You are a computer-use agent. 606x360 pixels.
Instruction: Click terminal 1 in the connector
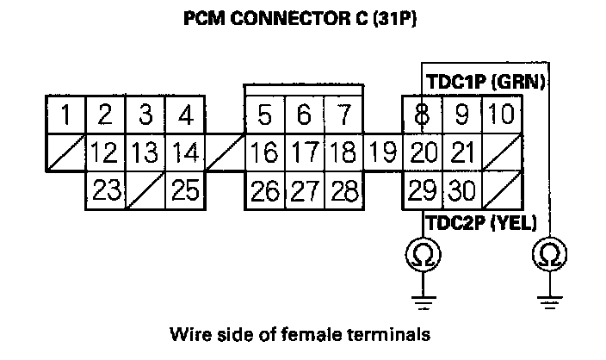[x=65, y=115]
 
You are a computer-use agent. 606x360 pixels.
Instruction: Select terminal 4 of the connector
[x=183, y=115]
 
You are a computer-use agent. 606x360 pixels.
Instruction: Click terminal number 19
[x=382, y=153]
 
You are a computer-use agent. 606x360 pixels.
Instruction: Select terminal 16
[x=264, y=153]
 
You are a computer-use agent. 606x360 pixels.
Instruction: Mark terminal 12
[x=105, y=153]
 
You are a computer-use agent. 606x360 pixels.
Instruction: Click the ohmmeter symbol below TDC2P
[x=423, y=254]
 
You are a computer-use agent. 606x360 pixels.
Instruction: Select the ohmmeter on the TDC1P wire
[x=549, y=254]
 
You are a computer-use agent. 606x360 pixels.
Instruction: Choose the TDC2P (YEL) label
[x=481, y=223]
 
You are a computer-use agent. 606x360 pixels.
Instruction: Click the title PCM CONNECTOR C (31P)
[x=301, y=19]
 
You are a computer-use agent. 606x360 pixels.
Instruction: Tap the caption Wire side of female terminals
[x=300, y=332]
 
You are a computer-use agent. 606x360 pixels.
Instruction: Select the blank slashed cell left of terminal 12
[x=65, y=153]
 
